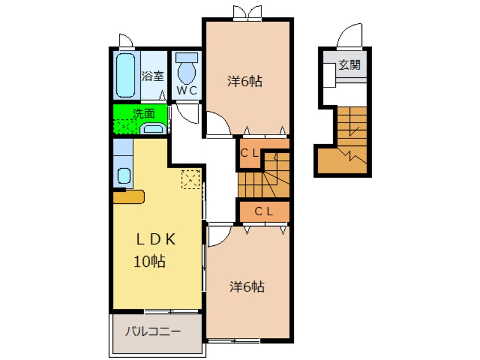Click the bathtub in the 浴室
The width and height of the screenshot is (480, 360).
coord(126,76)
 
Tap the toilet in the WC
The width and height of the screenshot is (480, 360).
coord(187,69)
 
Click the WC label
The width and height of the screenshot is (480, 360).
coord(187,91)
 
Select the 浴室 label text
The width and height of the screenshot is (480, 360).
coord(153,76)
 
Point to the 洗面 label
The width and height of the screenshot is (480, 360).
coord(144,114)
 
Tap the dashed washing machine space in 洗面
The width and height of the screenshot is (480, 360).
coord(125,126)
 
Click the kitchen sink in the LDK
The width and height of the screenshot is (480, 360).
coord(124,176)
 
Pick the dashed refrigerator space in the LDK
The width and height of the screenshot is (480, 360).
coord(191,179)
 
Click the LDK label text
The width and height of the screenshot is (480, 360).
coord(156,239)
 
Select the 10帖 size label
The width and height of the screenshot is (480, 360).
coord(150,261)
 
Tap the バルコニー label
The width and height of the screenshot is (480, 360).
coord(153,331)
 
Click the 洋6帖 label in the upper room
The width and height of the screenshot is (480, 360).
coord(245,82)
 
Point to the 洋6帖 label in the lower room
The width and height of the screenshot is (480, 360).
coord(247,287)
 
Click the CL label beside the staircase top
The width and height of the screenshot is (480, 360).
coord(250,153)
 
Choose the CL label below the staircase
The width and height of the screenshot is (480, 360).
coord(264,211)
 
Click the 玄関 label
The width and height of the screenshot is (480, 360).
coord(350,65)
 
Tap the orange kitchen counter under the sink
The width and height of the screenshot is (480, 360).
coord(129,196)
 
